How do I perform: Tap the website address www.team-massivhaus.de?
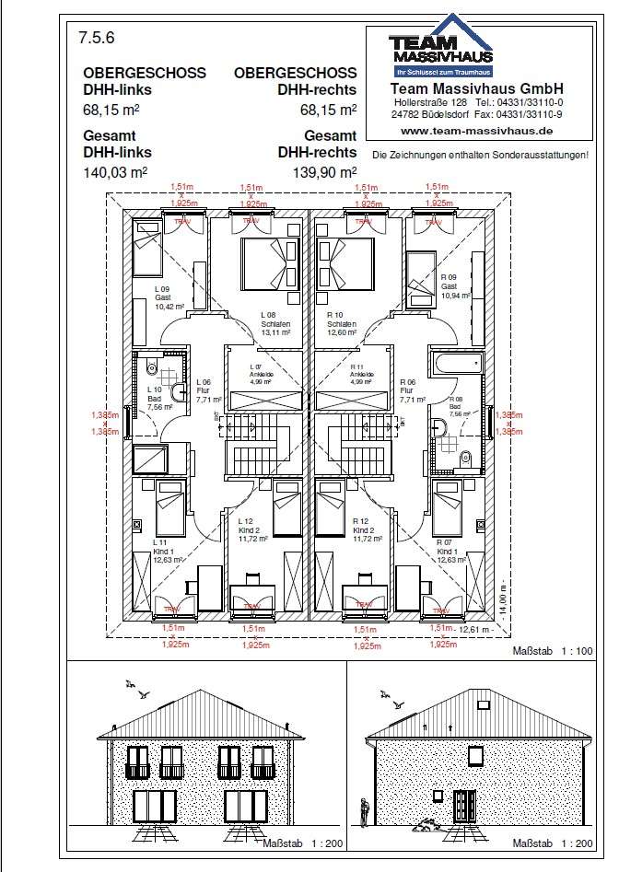pyautogui.click(x=477, y=131)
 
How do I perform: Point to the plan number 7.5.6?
pyautogui.click(x=95, y=39)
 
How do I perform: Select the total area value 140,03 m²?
pyautogui.click(x=114, y=171)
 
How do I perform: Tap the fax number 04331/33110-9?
pyautogui.click(x=530, y=114)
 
